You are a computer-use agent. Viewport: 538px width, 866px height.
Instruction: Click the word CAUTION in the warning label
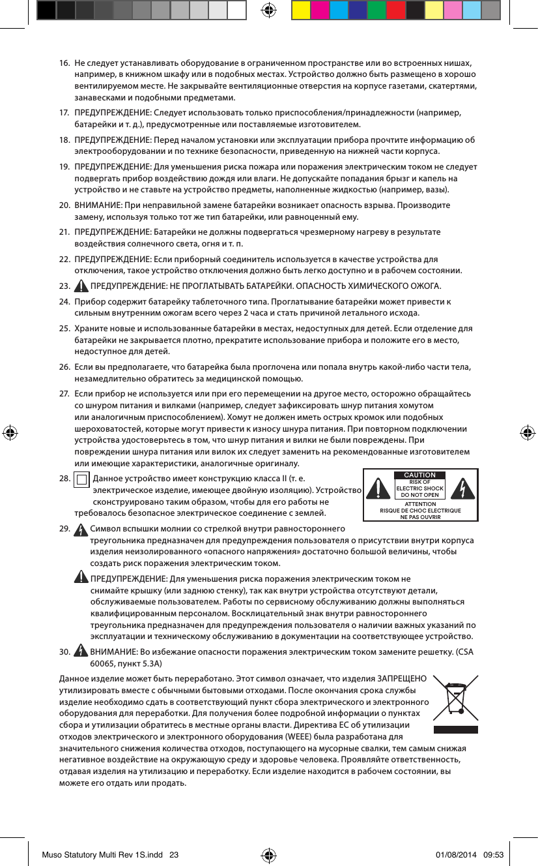click(419, 475)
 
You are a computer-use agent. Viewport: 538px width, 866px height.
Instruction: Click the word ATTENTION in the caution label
click(420, 503)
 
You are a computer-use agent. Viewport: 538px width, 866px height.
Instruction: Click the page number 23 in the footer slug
click(174, 854)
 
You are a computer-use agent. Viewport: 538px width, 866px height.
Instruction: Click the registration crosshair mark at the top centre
click(268, 10)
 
